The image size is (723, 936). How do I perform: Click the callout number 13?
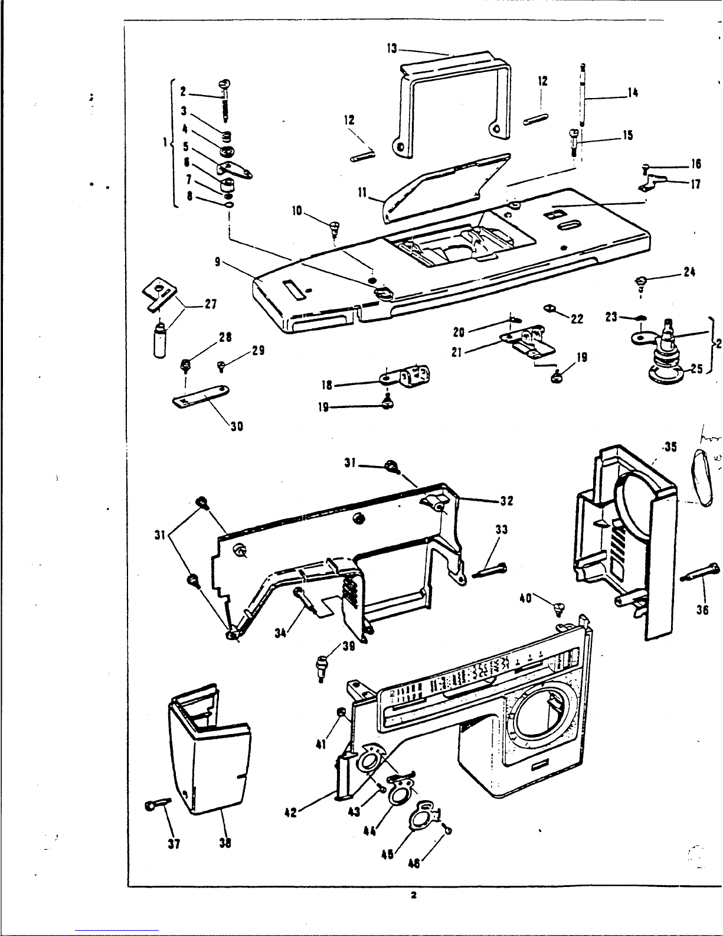392,48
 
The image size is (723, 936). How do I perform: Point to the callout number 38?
225,843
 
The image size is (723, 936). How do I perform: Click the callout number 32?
506,501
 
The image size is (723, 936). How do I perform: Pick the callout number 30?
236,425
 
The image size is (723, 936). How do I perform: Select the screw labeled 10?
335,225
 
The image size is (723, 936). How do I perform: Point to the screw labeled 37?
155,803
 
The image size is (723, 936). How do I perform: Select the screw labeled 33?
490,571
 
